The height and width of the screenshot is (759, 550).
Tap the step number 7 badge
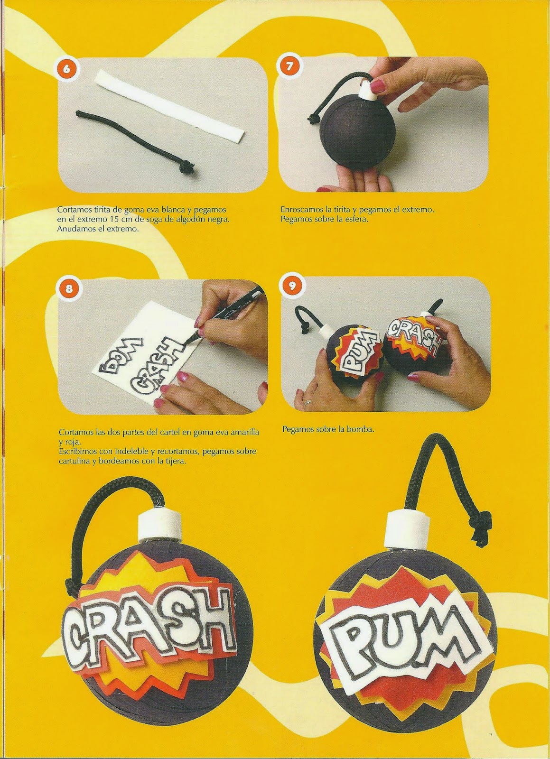pyautogui.click(x=289, y=66)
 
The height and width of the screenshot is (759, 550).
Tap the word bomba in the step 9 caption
pyautogui.click(x=363, y=430)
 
